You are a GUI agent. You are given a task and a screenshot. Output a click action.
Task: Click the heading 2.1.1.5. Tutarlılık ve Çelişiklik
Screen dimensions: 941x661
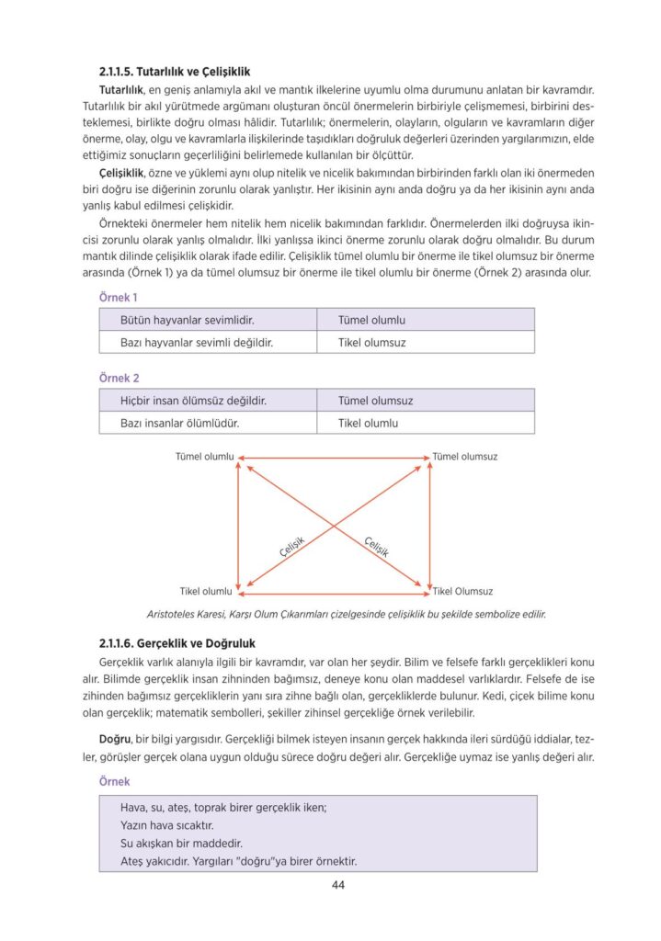(x=175, y=71)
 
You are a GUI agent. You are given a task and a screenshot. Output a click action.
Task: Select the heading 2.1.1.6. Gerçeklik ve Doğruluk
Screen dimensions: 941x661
(x=176, y=643)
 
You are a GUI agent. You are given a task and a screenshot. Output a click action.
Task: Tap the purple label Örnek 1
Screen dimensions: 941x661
(x=118, y=298)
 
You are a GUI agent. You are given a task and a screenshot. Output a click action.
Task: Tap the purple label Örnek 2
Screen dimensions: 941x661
(x=118, y=378)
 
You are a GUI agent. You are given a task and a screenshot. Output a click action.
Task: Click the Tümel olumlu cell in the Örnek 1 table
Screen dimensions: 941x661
(x=371, y=321)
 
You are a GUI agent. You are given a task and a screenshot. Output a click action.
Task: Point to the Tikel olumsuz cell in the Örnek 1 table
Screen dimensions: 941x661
(x=371, y=343)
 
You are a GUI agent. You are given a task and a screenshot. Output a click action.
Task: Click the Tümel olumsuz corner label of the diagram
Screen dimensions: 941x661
(x=465, y=457)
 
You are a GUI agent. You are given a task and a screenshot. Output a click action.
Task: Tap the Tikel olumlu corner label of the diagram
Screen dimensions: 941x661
(x=205, y=591)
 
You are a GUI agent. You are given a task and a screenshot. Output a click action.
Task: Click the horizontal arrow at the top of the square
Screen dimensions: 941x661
(x=334, y=457)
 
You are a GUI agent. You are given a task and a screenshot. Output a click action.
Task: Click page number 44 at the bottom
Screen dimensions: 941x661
(x=337, y=886)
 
